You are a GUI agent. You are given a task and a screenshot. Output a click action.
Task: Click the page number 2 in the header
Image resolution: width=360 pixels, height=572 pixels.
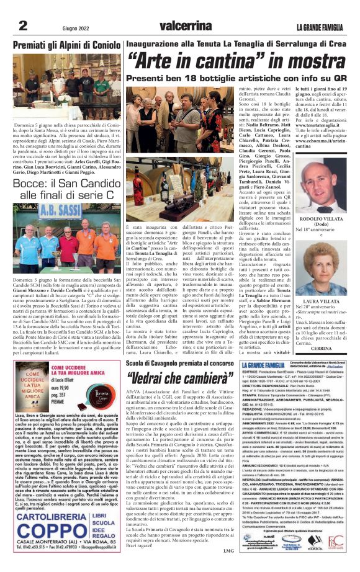tap(22, 25)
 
